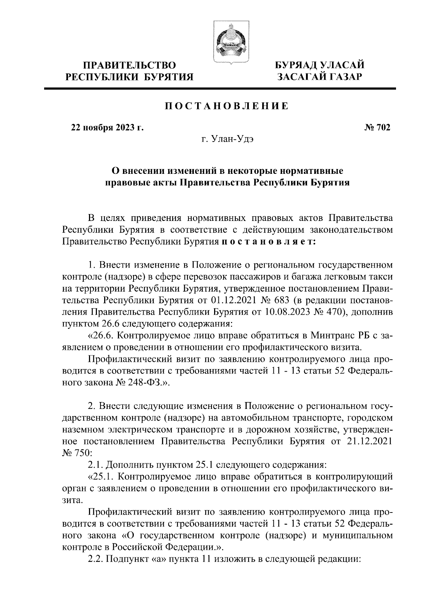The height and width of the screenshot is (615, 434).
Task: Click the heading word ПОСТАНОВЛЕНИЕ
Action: pyautogui.click(x=227, y=106)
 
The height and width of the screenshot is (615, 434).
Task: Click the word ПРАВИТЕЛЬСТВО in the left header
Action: pyautogui.click(x=129, y=66)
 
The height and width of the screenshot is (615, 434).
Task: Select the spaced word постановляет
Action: pyautogui.click(x=269, y=242)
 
